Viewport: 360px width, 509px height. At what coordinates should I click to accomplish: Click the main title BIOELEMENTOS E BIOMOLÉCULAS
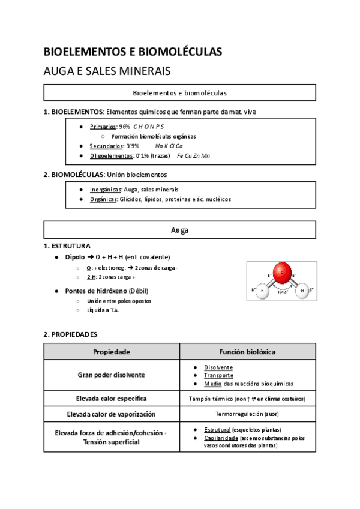point(133,52)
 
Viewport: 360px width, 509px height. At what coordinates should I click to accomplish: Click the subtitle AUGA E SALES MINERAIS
point(107,71)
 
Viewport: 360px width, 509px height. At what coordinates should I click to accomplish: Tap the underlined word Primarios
point(103,127)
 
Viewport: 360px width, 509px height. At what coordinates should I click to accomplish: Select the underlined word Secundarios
point(106,146)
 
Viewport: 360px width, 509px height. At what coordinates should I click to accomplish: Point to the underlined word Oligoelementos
point(110,155)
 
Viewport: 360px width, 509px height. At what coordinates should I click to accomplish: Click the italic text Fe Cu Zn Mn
point(193,155)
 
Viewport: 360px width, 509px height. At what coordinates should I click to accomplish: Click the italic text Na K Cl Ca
point(169,146)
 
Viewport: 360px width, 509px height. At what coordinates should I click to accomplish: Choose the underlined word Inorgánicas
point(106,189)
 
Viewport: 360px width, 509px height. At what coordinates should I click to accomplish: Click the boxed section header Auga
point(179,230)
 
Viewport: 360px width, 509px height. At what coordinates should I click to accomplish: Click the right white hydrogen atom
point(303,290)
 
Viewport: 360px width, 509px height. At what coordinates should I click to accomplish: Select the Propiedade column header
point(112,352)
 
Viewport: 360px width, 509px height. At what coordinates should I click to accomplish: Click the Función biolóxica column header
point(247,352)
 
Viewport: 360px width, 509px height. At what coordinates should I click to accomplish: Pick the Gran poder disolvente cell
point(112,375)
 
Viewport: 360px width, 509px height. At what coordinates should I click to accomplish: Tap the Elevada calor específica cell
point(112,398)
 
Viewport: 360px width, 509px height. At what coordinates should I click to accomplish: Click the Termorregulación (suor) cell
point(247,414)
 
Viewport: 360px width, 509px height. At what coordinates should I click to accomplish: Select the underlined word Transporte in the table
point(218,375)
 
